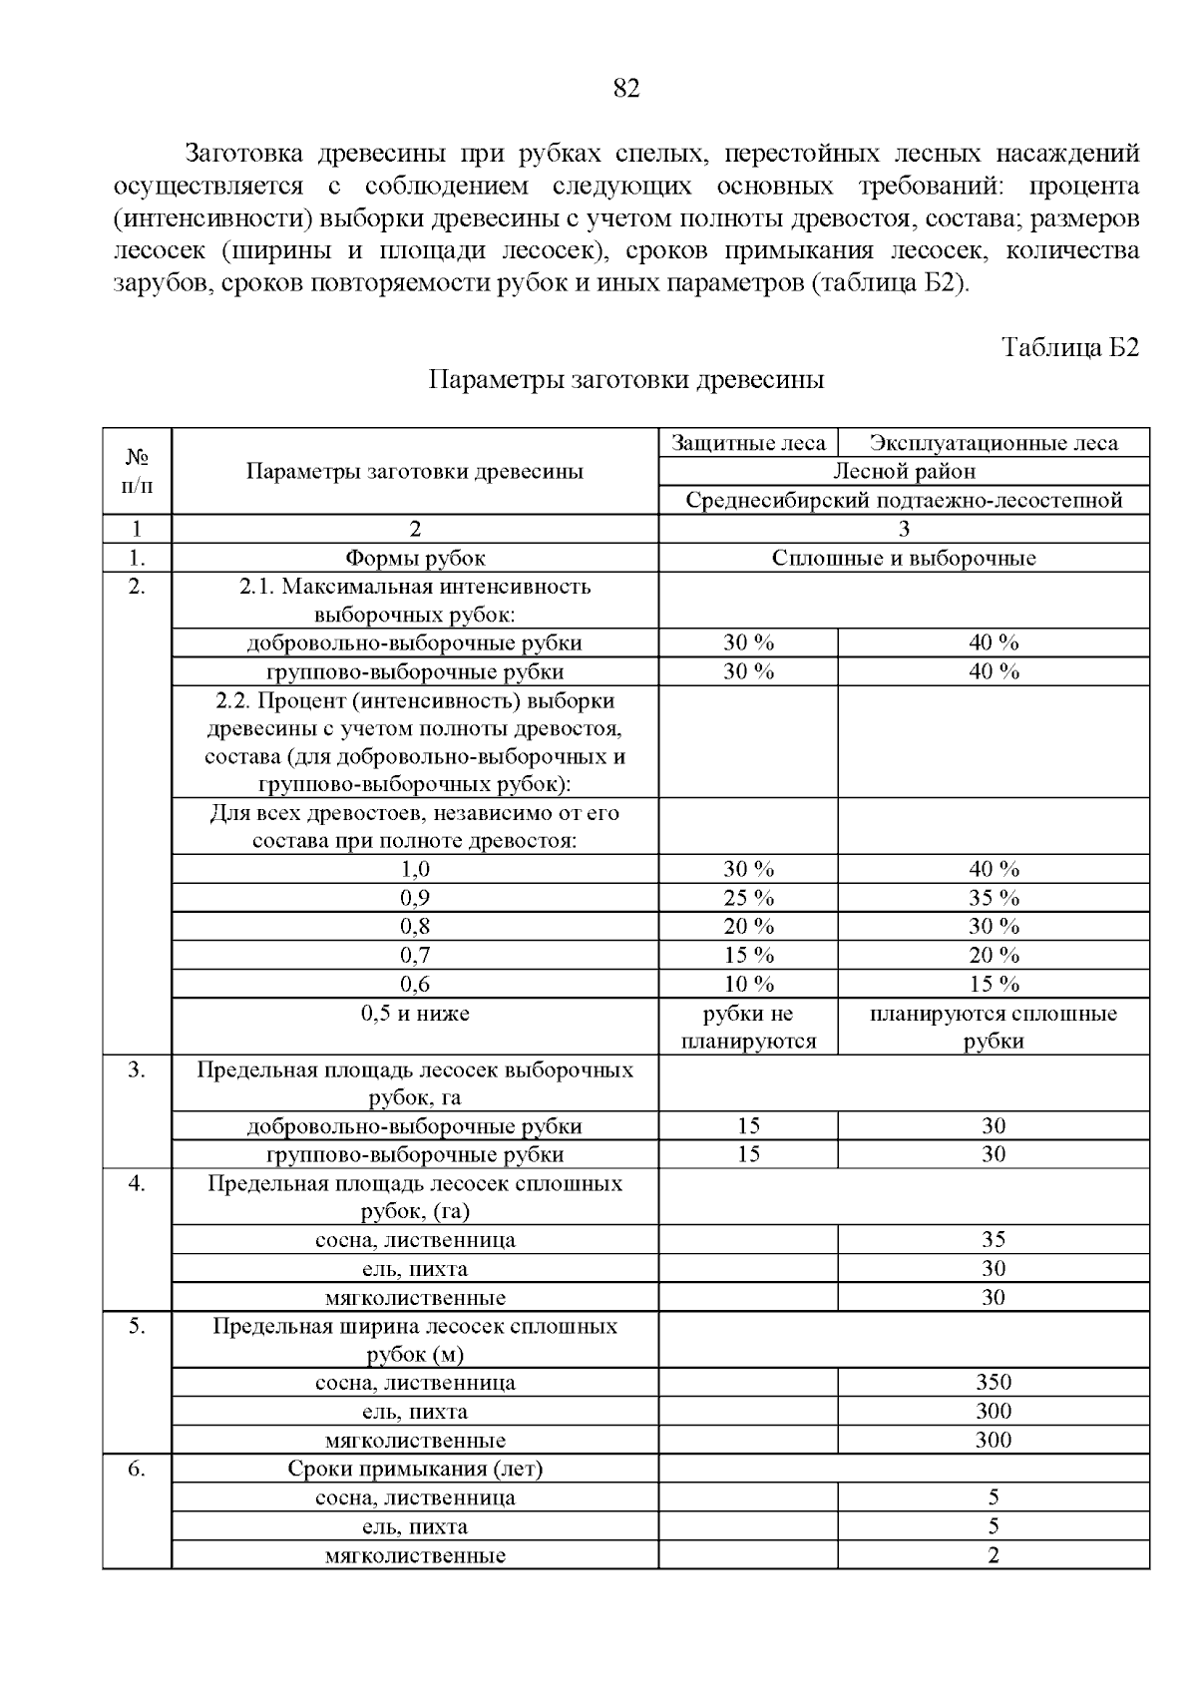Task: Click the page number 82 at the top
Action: coord(625,89)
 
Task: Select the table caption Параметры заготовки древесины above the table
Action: coord(626,380)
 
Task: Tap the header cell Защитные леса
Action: coord(748,443)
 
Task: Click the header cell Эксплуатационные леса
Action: coord(994,443)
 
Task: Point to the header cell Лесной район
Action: coord(904,471)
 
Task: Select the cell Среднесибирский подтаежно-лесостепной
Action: coord(904,500)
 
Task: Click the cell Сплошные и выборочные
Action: coord(904,558)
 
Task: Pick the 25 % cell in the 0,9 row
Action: coord(748,898)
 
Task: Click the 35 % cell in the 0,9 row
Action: coord(994,898)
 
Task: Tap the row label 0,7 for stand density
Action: coord(415,956)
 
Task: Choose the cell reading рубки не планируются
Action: coord(748,1028)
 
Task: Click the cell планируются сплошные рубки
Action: coord(994,1028)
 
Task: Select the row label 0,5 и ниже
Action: coord(415,1014)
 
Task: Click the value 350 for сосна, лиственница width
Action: coord(994,1383)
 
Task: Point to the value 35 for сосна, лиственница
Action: coord(994,1240)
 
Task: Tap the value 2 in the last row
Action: coord(994,1555)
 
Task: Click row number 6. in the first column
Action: coord(137,1470)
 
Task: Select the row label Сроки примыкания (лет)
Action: coord(415,1470)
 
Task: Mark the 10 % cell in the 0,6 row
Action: coord(748,985)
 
